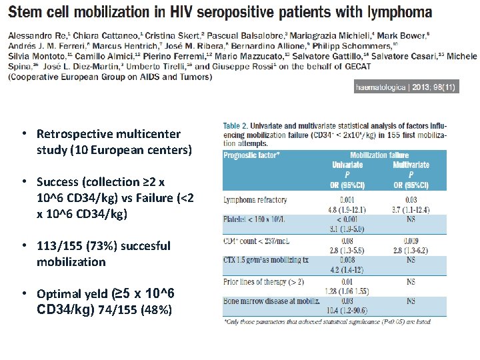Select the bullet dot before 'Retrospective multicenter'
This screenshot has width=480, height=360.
[23, 133]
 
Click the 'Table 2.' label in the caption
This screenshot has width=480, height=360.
[237, 126]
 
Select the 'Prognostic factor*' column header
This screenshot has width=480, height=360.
[252, 155]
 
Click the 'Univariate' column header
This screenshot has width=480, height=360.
[347, 165]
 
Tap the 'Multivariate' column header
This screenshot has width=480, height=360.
[411, 165]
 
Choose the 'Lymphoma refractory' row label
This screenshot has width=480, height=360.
[255, 199]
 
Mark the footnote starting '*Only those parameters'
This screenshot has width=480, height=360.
[327, 322]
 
